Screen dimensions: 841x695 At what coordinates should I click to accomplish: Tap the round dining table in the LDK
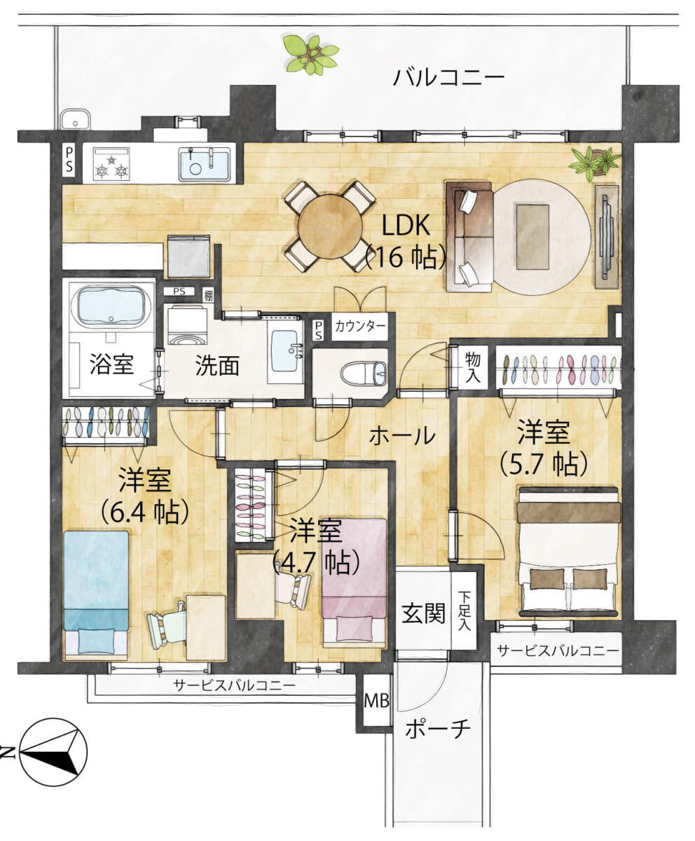327,226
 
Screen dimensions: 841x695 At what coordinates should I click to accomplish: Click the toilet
363,374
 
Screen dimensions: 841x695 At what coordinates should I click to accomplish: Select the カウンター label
359,326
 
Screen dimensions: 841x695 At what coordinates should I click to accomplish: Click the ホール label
401,436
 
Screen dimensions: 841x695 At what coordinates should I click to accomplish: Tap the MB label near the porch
377,699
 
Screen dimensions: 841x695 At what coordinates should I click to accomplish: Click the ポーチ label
438,729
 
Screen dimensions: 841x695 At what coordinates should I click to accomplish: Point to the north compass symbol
53,752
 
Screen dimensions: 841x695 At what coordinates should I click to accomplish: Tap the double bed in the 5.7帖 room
569,557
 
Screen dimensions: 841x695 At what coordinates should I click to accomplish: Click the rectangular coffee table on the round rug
532,236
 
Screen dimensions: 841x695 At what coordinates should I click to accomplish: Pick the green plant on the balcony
310,55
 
